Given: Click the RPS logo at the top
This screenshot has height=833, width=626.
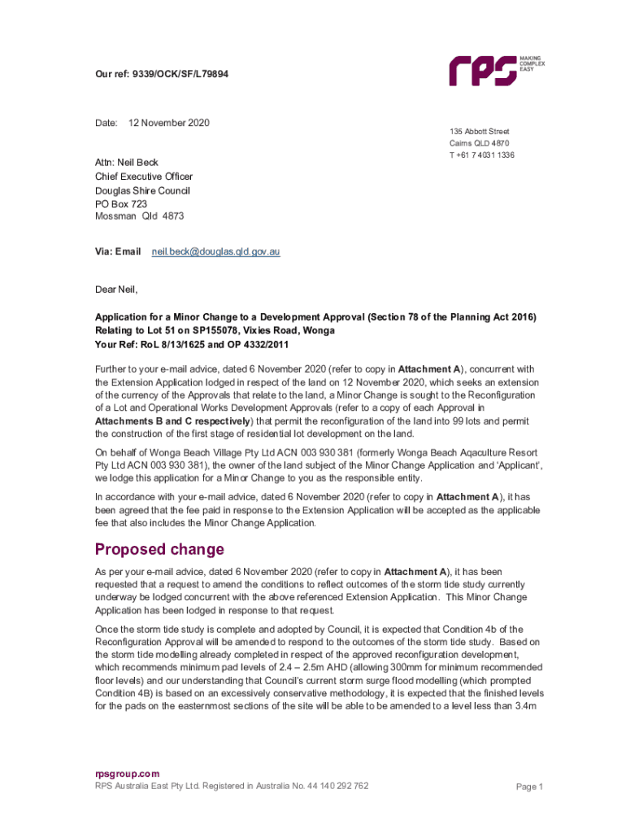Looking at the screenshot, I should pyautogui.click(x=483, y=70).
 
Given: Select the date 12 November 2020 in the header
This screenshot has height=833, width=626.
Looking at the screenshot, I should pyautogui.click(x=169, y=123).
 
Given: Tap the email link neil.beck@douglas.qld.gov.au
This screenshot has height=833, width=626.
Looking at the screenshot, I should pyautogui.click(x=216, y=252).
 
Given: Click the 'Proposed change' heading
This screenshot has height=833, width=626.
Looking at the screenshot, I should pyautogui.click(x=159, y=549).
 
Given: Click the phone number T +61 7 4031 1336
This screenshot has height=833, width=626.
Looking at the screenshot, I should pyautogui.click(x=481, y=155).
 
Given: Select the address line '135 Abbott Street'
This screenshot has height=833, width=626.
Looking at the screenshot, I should pyautogui.click(x=480, y=131).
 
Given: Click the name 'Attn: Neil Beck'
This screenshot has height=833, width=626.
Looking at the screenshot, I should pyautogui.click(x=127, y=162).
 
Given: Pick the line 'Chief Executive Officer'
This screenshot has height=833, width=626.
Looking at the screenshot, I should pyautogui.click(x=144, y=176).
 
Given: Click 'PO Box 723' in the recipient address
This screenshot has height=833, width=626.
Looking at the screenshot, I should pyautogui.click(x=121, y=203).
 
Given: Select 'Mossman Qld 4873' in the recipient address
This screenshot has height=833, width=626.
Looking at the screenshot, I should pyautogui.click(x=140, y=217).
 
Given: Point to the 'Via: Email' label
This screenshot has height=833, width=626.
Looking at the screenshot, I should pyautogui.click(x=118, y=252).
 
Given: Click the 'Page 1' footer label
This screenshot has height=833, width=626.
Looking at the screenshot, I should pyautogui.click(x=529, y=787).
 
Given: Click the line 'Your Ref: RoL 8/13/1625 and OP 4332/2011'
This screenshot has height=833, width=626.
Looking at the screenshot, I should pyautogui.click(x=191, y=344).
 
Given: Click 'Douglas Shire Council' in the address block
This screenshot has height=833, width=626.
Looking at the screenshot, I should pyautogui.click(x=142, y=190).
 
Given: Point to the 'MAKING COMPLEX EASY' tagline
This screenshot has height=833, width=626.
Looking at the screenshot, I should pyautogui.click(x=533, y=63).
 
